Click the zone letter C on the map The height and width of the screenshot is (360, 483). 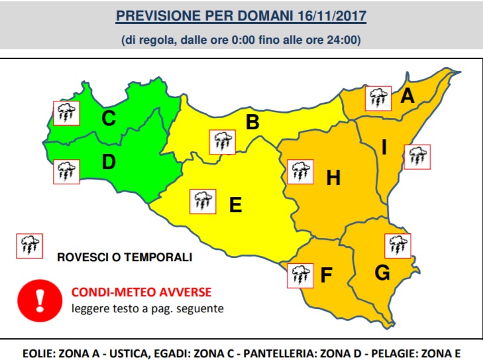[109, 119]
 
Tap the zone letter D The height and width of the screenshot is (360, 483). [109, 161]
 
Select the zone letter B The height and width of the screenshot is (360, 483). [252, 122]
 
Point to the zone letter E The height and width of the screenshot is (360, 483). [235, 205]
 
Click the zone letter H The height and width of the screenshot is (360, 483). [333, 177]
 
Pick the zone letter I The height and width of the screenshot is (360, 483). [384, 147]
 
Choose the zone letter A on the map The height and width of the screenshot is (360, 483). [407, 97]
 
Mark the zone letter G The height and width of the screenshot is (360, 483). [382, 272]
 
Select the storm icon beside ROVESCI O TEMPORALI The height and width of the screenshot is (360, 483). [29, 245]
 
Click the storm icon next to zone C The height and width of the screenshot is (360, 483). [66, 113]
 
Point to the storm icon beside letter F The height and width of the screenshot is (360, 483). [299, 274]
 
